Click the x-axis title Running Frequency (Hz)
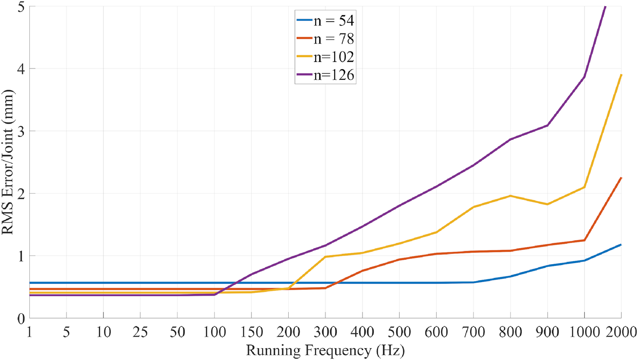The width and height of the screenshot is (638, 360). (325, 351)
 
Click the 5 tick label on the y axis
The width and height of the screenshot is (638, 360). (20, 7)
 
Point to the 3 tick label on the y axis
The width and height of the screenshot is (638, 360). (20, 131)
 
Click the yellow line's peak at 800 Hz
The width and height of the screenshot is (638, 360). (510, 196)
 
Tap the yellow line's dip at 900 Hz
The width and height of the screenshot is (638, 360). (547, 204)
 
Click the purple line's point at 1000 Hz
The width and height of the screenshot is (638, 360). (584, 77)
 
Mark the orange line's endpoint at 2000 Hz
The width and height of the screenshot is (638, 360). (621, 178)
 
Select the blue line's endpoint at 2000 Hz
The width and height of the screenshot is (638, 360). (621, 245)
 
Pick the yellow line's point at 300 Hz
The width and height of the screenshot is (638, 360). (325, 257)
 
